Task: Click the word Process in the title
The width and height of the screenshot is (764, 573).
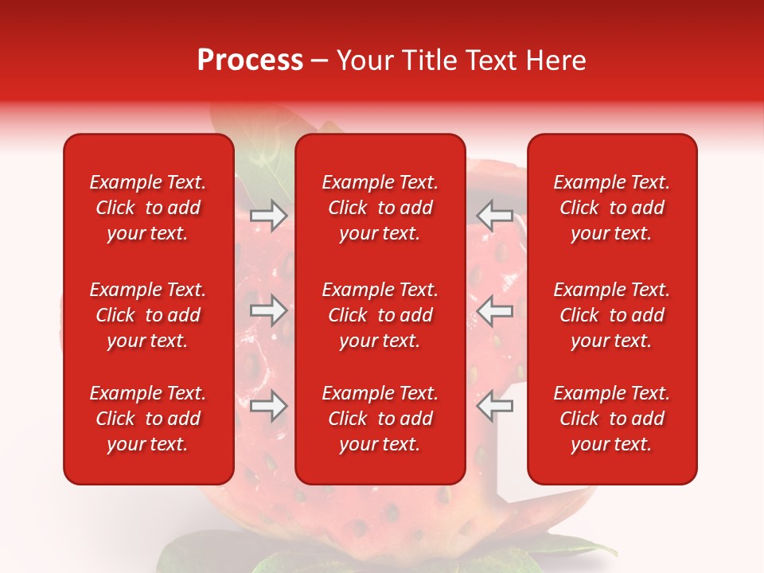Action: point(250,60)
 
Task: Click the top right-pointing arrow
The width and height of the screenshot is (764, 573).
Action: point(268,215)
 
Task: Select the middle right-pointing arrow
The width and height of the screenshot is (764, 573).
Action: point(268,311)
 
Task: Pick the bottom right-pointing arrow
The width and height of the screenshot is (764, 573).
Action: point(268,407)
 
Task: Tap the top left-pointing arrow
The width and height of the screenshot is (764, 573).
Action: point(495,215)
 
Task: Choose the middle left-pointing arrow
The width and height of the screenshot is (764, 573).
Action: point(495,311)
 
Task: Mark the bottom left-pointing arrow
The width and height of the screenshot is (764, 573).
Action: point(495,407)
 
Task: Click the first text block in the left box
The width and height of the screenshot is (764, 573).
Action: point(148,208)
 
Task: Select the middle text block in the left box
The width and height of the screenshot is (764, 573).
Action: point(148,315)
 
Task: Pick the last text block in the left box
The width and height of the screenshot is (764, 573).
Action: point(148,419)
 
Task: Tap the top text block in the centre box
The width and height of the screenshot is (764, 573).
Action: point(380,208)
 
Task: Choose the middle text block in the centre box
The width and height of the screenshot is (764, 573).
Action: point(380,315)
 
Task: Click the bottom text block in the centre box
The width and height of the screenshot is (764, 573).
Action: point(380,419)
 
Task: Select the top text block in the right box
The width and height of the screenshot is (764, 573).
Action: point(612,208)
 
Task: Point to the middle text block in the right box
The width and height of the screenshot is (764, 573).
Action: point(612,315)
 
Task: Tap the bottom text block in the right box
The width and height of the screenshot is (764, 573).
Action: point(612,419)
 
